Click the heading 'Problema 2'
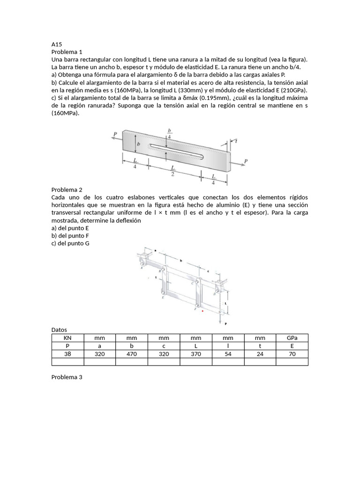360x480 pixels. point(67,190)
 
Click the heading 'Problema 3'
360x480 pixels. point(67,377)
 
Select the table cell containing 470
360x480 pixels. point(131,354)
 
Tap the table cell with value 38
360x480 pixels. point(67,354)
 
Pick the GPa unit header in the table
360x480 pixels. point(292,338)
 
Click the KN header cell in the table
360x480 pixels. point(67,338)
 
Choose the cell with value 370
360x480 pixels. point(196,354)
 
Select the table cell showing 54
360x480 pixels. point(228,354)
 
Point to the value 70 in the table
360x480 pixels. point(292,354)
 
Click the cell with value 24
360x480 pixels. point(260,354)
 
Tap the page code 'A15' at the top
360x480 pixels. point(56,44)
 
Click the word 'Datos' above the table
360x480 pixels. point(59,330)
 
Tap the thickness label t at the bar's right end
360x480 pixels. point(236,140)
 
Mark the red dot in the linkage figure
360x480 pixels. point(202,310)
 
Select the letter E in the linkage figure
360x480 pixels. point(163,297)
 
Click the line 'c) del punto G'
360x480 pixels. point(70,243)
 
